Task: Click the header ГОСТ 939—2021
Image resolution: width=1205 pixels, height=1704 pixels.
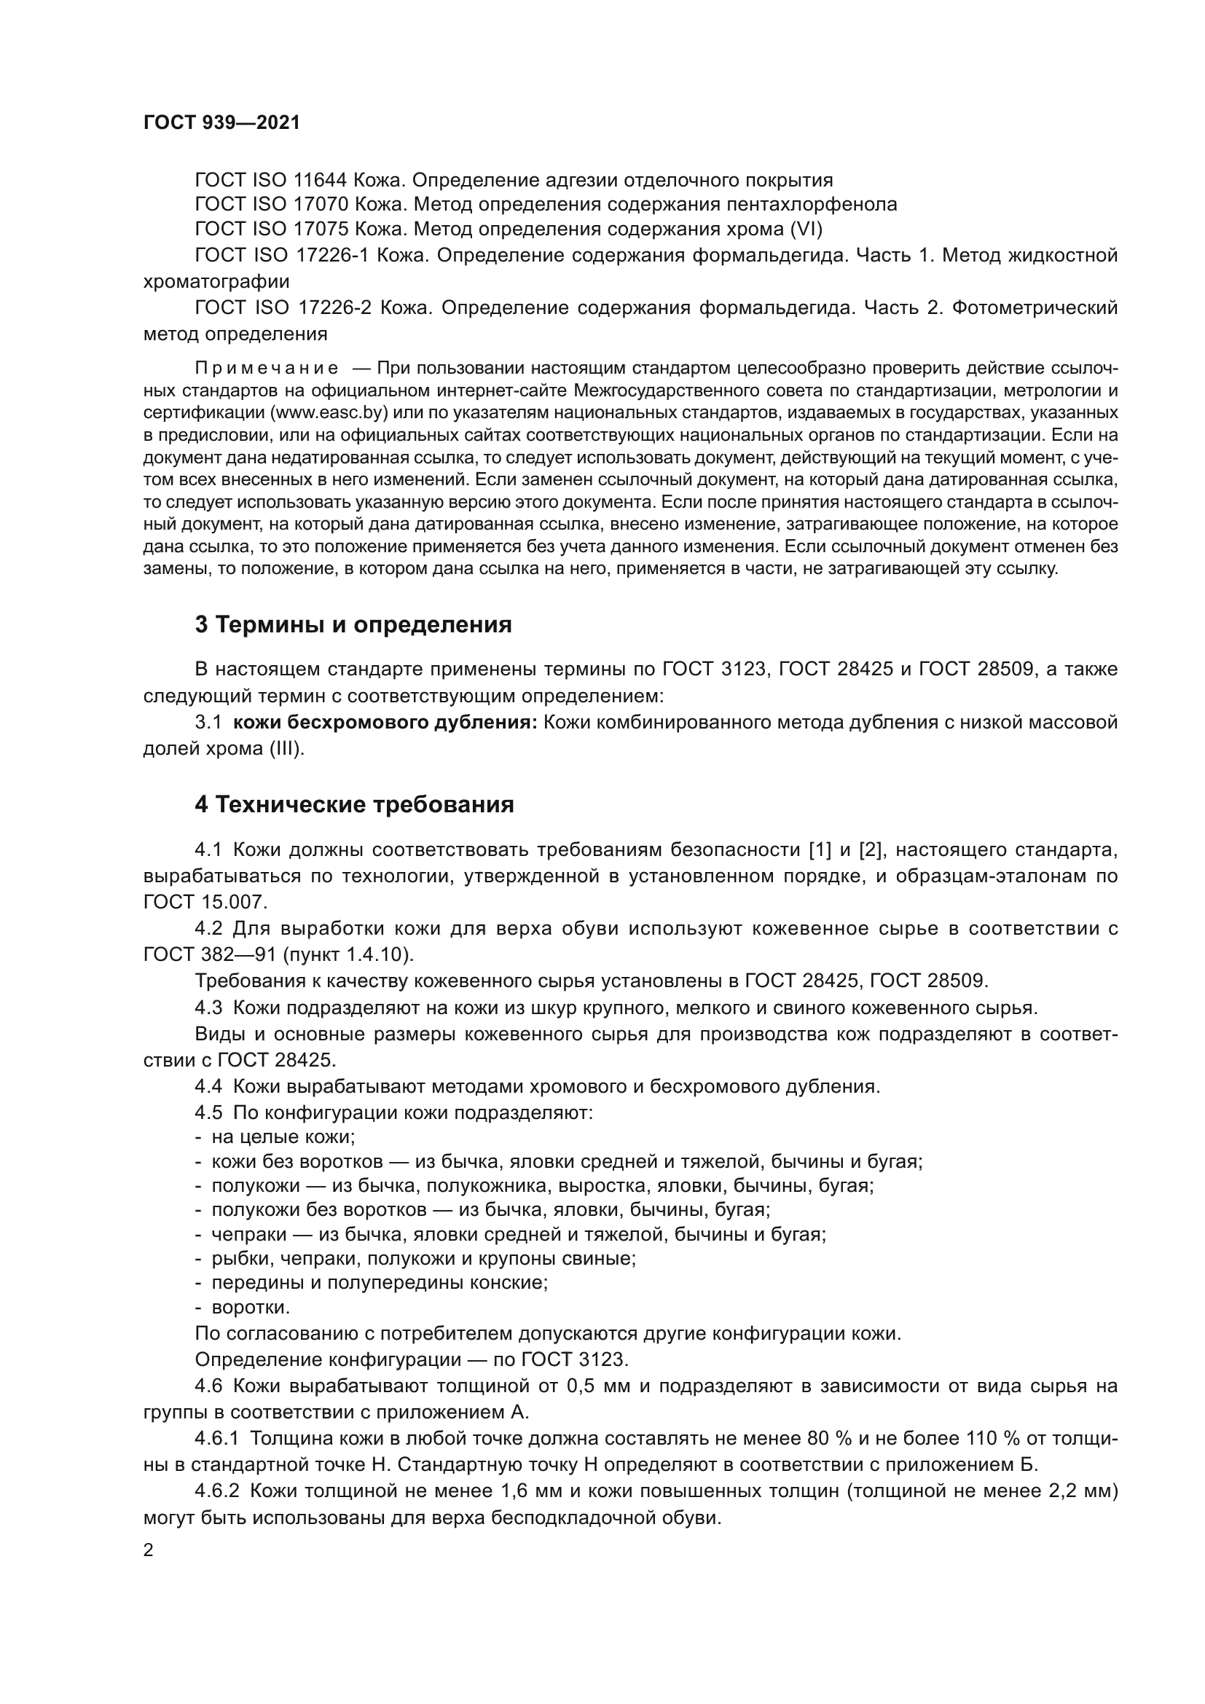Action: (222, 123)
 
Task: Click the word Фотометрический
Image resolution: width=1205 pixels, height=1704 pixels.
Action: (1035, 307)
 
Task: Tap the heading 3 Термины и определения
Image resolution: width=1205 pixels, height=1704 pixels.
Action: (353, 625)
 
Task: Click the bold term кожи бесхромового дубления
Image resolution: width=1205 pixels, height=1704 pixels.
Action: (385, 722)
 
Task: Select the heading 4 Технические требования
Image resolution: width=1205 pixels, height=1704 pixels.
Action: (354, 804)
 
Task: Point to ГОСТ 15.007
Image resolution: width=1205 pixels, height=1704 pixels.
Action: (204, 902)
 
